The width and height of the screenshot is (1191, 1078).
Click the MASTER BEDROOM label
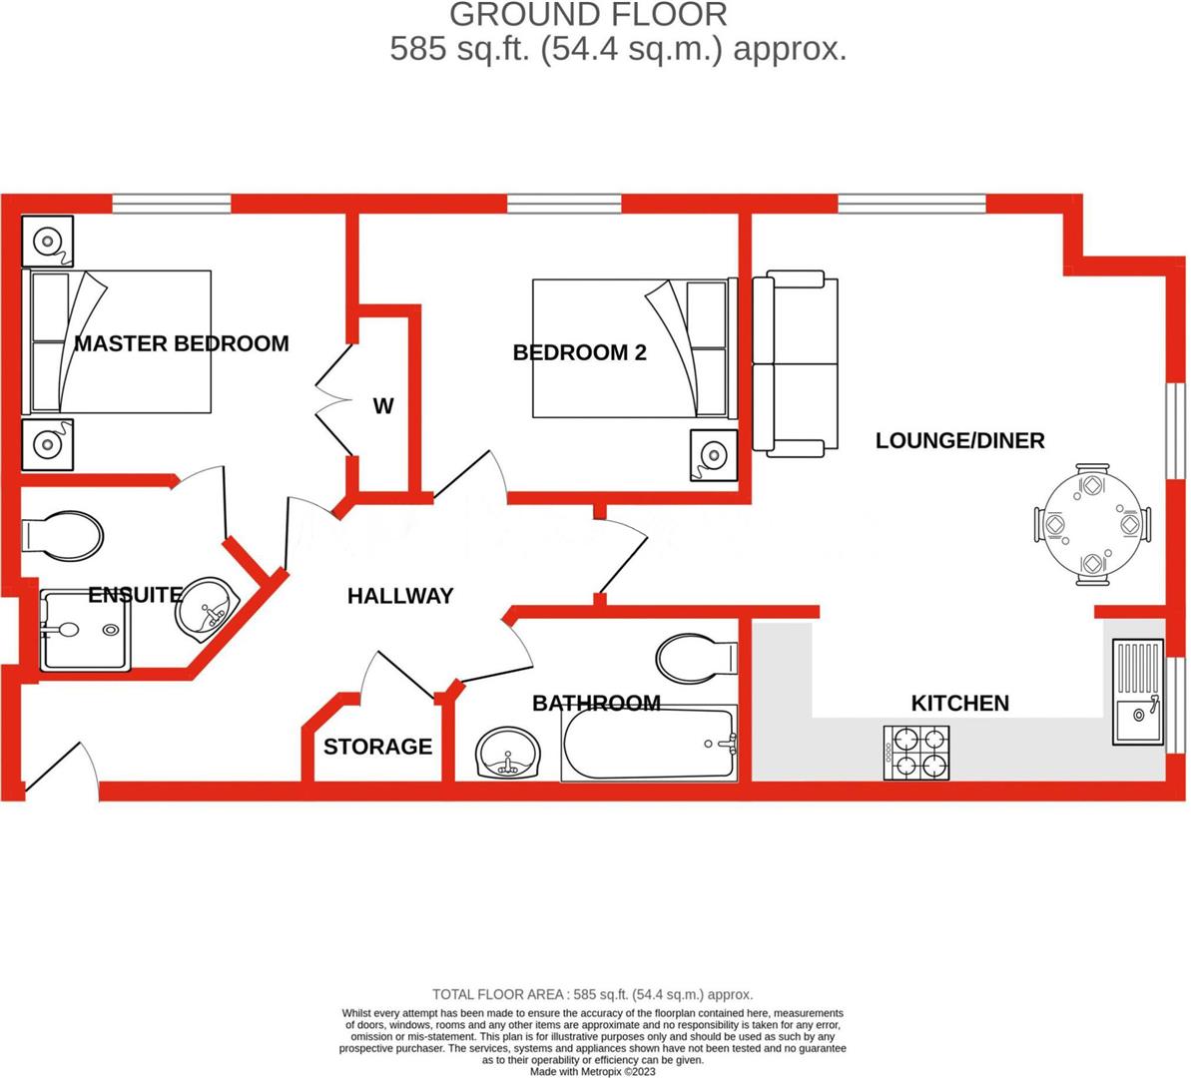point(182,343)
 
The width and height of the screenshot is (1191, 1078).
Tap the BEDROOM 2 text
point(579,352)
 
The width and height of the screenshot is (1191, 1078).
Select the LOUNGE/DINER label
point(959,440)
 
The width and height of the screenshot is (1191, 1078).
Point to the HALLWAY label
point(400,596)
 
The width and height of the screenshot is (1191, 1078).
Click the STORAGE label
point(377,747)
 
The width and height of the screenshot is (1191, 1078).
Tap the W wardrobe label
point(383,406)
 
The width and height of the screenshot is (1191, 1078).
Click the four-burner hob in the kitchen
point(916,753)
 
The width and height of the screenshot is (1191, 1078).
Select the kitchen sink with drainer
point(1138,693)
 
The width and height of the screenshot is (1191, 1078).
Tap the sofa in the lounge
point(796,363)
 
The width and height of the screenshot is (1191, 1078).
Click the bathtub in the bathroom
point(650,745)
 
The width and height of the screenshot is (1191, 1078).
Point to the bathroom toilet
point(697,658)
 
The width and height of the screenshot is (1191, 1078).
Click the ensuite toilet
point(62,536)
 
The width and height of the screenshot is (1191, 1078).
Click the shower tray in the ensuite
point(84,630)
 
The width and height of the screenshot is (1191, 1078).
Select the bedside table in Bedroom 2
point(713,455)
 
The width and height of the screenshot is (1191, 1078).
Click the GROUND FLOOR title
point(588,15)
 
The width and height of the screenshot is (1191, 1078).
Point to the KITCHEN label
point(959,703)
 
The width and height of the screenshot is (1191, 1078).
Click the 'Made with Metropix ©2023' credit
point(593,1071)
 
